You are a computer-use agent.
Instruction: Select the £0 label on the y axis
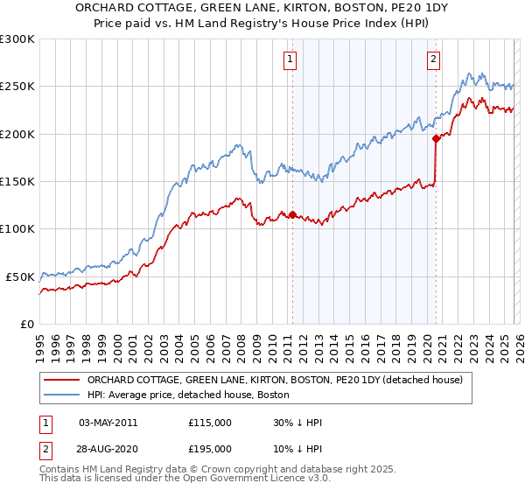(x=26, y=324)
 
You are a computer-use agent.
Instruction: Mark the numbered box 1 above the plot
(x=290, y=59)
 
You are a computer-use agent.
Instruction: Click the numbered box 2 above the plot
(x=433, y=59)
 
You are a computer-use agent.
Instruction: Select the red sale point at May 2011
(x=292, y=214)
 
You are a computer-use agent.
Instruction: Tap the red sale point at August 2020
(x=436, y=138)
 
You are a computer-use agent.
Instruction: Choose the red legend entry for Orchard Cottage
(x=280, y=381)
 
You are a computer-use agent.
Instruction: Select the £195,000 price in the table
(x=210, y=447)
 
